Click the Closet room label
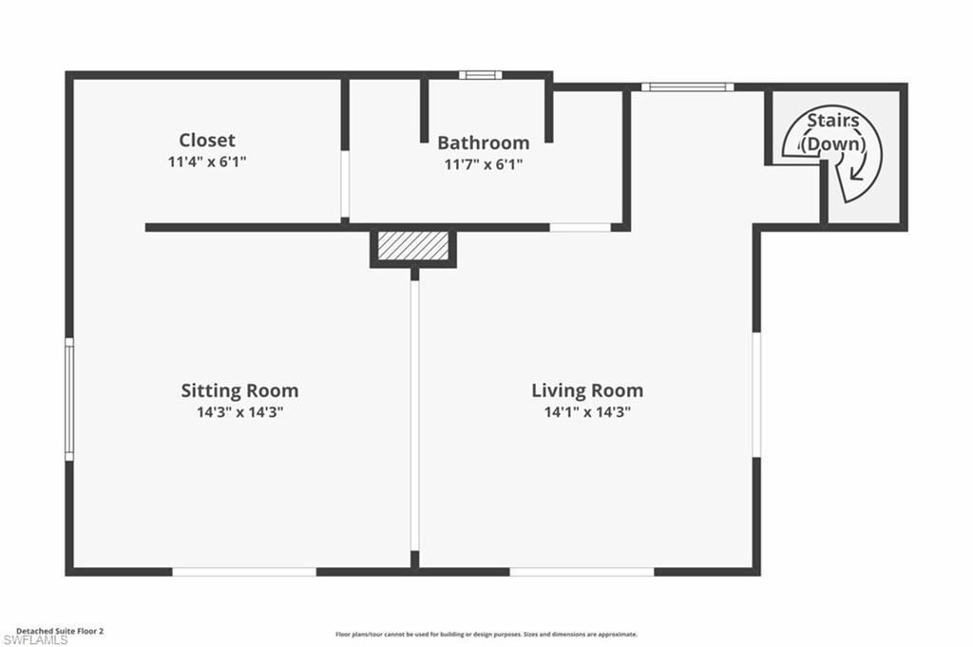207,141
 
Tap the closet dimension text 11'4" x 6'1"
207,162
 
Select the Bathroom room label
483,143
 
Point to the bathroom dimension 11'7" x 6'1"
483,164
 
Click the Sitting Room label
239,390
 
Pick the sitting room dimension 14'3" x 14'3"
239,412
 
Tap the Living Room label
586,390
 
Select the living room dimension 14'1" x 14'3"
586,412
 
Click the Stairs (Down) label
833,132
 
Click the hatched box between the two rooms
412,245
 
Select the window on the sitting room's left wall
69,399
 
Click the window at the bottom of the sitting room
244,571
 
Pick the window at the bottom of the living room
582,571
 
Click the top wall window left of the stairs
686,87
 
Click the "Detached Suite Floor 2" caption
59,630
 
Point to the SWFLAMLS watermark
35,640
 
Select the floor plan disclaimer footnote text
486,634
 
